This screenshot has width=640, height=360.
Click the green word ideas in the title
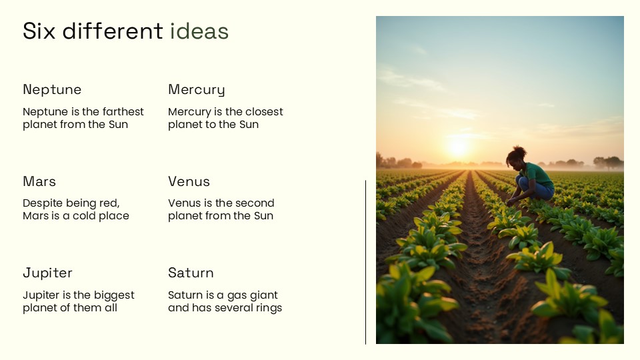pyautogui.click(x=199, y=31)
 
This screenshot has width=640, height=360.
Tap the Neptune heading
pyautogui.click(x=52, y=89)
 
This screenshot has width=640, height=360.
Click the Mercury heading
pyautogui.click(x=196, y=89)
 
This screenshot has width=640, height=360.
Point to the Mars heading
pyautogui.click(x=39, y=181)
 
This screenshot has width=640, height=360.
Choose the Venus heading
pyautogui.click(x=189, y=181)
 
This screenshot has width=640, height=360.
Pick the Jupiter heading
pyautogui.click(x=47, y=273)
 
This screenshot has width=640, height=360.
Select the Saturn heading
pyautogui.click(x=191, y=273)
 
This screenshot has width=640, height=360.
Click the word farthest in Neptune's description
pyautogui.click(x=122, y=112)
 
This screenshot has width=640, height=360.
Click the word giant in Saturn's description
pyautogui.click(x=263, y=295)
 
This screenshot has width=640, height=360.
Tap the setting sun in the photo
pyautogui.click(x=458, y=147)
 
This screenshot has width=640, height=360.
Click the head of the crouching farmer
pyautogui.click(x=515, y=157)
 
